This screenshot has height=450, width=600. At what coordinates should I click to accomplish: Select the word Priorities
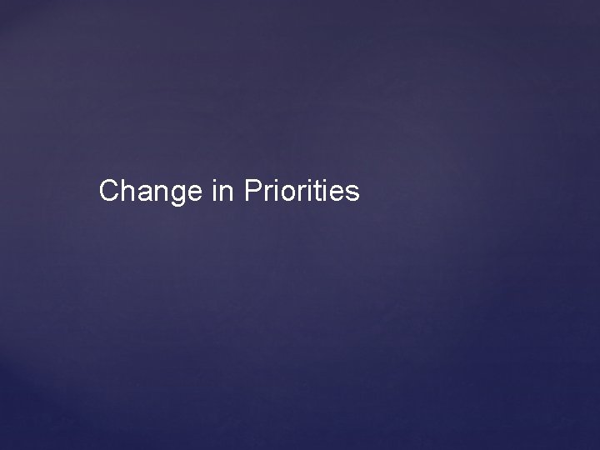[302, 192]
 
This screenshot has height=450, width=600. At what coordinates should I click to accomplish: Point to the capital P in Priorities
[253, 192]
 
